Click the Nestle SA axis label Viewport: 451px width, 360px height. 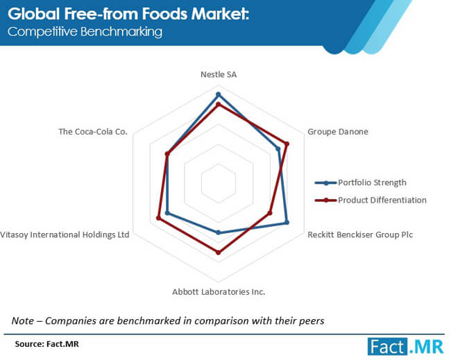pos(219,74)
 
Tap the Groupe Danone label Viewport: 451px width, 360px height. pos(338,132)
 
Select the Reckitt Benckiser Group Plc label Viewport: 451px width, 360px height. pos(360,234)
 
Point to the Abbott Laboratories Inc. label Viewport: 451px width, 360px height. pos(219,292)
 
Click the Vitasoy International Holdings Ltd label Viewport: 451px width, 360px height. pos(65,234)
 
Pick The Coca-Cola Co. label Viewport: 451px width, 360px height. pos(93,132)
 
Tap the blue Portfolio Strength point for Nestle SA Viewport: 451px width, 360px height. pos(219,94)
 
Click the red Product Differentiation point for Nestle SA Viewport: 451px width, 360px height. pos(219,104)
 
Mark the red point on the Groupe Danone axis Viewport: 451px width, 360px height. pos(287,144)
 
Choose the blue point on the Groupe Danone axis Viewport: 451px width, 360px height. pos(278,149)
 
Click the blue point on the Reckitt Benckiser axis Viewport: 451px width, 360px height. pos(287,223)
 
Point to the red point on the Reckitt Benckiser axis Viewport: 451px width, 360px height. pos(269,213)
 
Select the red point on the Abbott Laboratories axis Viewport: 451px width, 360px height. pos(219,252)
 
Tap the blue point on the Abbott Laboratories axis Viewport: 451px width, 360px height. pos(219,232)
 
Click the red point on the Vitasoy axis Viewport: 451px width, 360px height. pos(158,218)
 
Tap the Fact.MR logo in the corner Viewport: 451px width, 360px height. pos(406,347)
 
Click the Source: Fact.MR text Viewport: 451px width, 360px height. pos(47,344)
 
